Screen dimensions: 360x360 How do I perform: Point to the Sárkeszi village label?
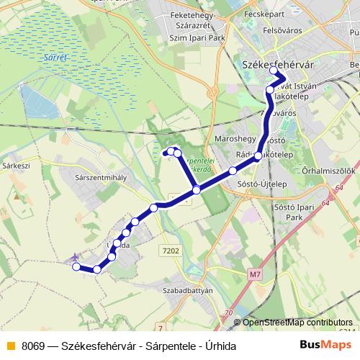pos(15,165)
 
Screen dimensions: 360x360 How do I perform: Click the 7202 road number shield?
pos(171,251)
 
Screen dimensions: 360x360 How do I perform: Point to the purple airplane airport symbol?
pos(74,258)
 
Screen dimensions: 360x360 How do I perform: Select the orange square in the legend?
pos(9,346)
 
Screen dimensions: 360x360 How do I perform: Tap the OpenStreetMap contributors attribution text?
pos(297,323)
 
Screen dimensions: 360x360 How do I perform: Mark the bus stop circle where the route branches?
pos(196,190)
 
